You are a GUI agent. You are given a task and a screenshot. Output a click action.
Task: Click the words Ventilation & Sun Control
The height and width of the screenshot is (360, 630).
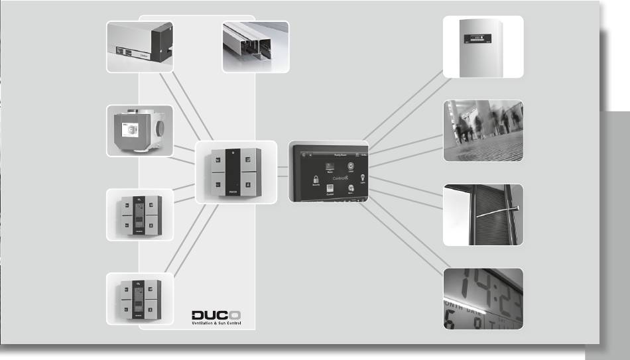point(216,323)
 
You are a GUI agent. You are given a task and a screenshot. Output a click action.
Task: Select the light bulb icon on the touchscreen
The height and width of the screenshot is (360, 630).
point(363,176)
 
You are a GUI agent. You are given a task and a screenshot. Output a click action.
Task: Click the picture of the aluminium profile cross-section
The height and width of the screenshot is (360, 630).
point(255,46)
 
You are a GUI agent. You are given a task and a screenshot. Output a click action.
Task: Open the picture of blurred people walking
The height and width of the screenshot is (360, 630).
point(483,131)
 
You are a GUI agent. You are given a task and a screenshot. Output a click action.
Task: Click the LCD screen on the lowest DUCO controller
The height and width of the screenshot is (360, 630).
point(140,300)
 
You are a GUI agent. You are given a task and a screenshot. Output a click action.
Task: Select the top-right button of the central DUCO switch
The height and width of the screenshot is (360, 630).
point(247,158)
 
